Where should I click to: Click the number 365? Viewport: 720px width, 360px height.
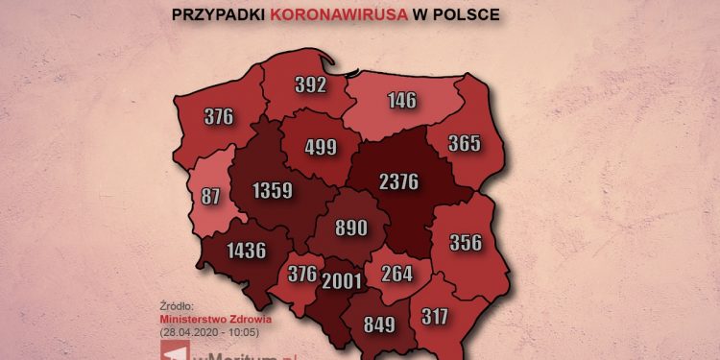click(464, 144)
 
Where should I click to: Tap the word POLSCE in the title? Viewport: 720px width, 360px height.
click(467, 15)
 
